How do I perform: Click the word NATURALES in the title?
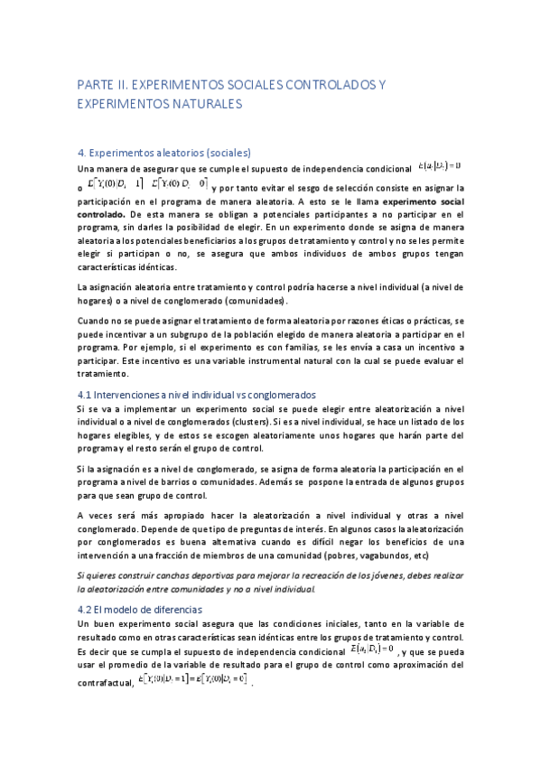209,105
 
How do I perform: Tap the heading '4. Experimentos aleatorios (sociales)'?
164,153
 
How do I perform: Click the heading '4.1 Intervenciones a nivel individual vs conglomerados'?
197,395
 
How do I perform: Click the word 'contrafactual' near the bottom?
104,683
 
